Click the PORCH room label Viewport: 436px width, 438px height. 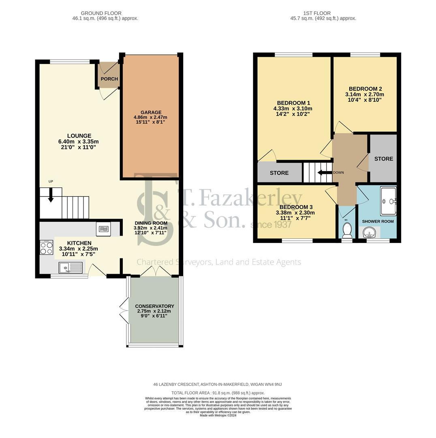click(109, 79)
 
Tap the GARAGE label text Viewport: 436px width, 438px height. click(151, 112)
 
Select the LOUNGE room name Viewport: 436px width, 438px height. click(79, 136)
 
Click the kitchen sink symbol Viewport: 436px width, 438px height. click(71, 268)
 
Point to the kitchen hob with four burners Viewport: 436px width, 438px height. click(46, 247)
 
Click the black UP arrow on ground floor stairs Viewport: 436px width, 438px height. click(51, 196)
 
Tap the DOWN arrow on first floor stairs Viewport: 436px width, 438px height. click(325, 172)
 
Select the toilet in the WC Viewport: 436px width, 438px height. click(347, 230)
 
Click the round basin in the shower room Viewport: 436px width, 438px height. click(369, 232)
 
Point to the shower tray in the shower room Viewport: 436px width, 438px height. click(388, 201)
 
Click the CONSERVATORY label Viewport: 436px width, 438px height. click(154, 306)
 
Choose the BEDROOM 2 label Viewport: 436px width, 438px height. click(365, 89)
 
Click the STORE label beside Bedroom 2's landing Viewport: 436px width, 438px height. click(383, 159)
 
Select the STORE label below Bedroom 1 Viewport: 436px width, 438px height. click(279, 173)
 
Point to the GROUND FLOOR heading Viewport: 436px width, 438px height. click(101, 13)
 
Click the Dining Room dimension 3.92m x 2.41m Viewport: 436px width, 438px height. click(151, 228)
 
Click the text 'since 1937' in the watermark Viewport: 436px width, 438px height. click(271, 224)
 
